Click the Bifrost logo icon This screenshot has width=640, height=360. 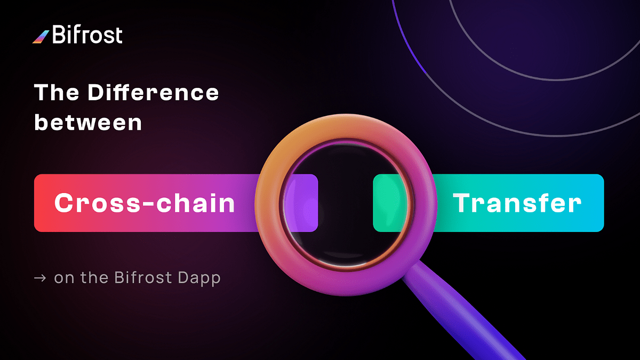click(41, 36)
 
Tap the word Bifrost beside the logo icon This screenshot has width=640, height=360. click(87, 35)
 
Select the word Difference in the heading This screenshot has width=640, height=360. click(153, 93)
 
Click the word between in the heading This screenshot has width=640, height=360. click(88, 122)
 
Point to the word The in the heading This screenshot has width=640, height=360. click(56, 93)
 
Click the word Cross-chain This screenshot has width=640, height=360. click(145, 203)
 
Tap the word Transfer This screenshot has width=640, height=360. click(517, 203)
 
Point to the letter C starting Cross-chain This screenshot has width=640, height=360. click(64, 203)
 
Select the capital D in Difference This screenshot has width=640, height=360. click(97, 93)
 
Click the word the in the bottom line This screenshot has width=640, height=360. click(94, 278)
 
